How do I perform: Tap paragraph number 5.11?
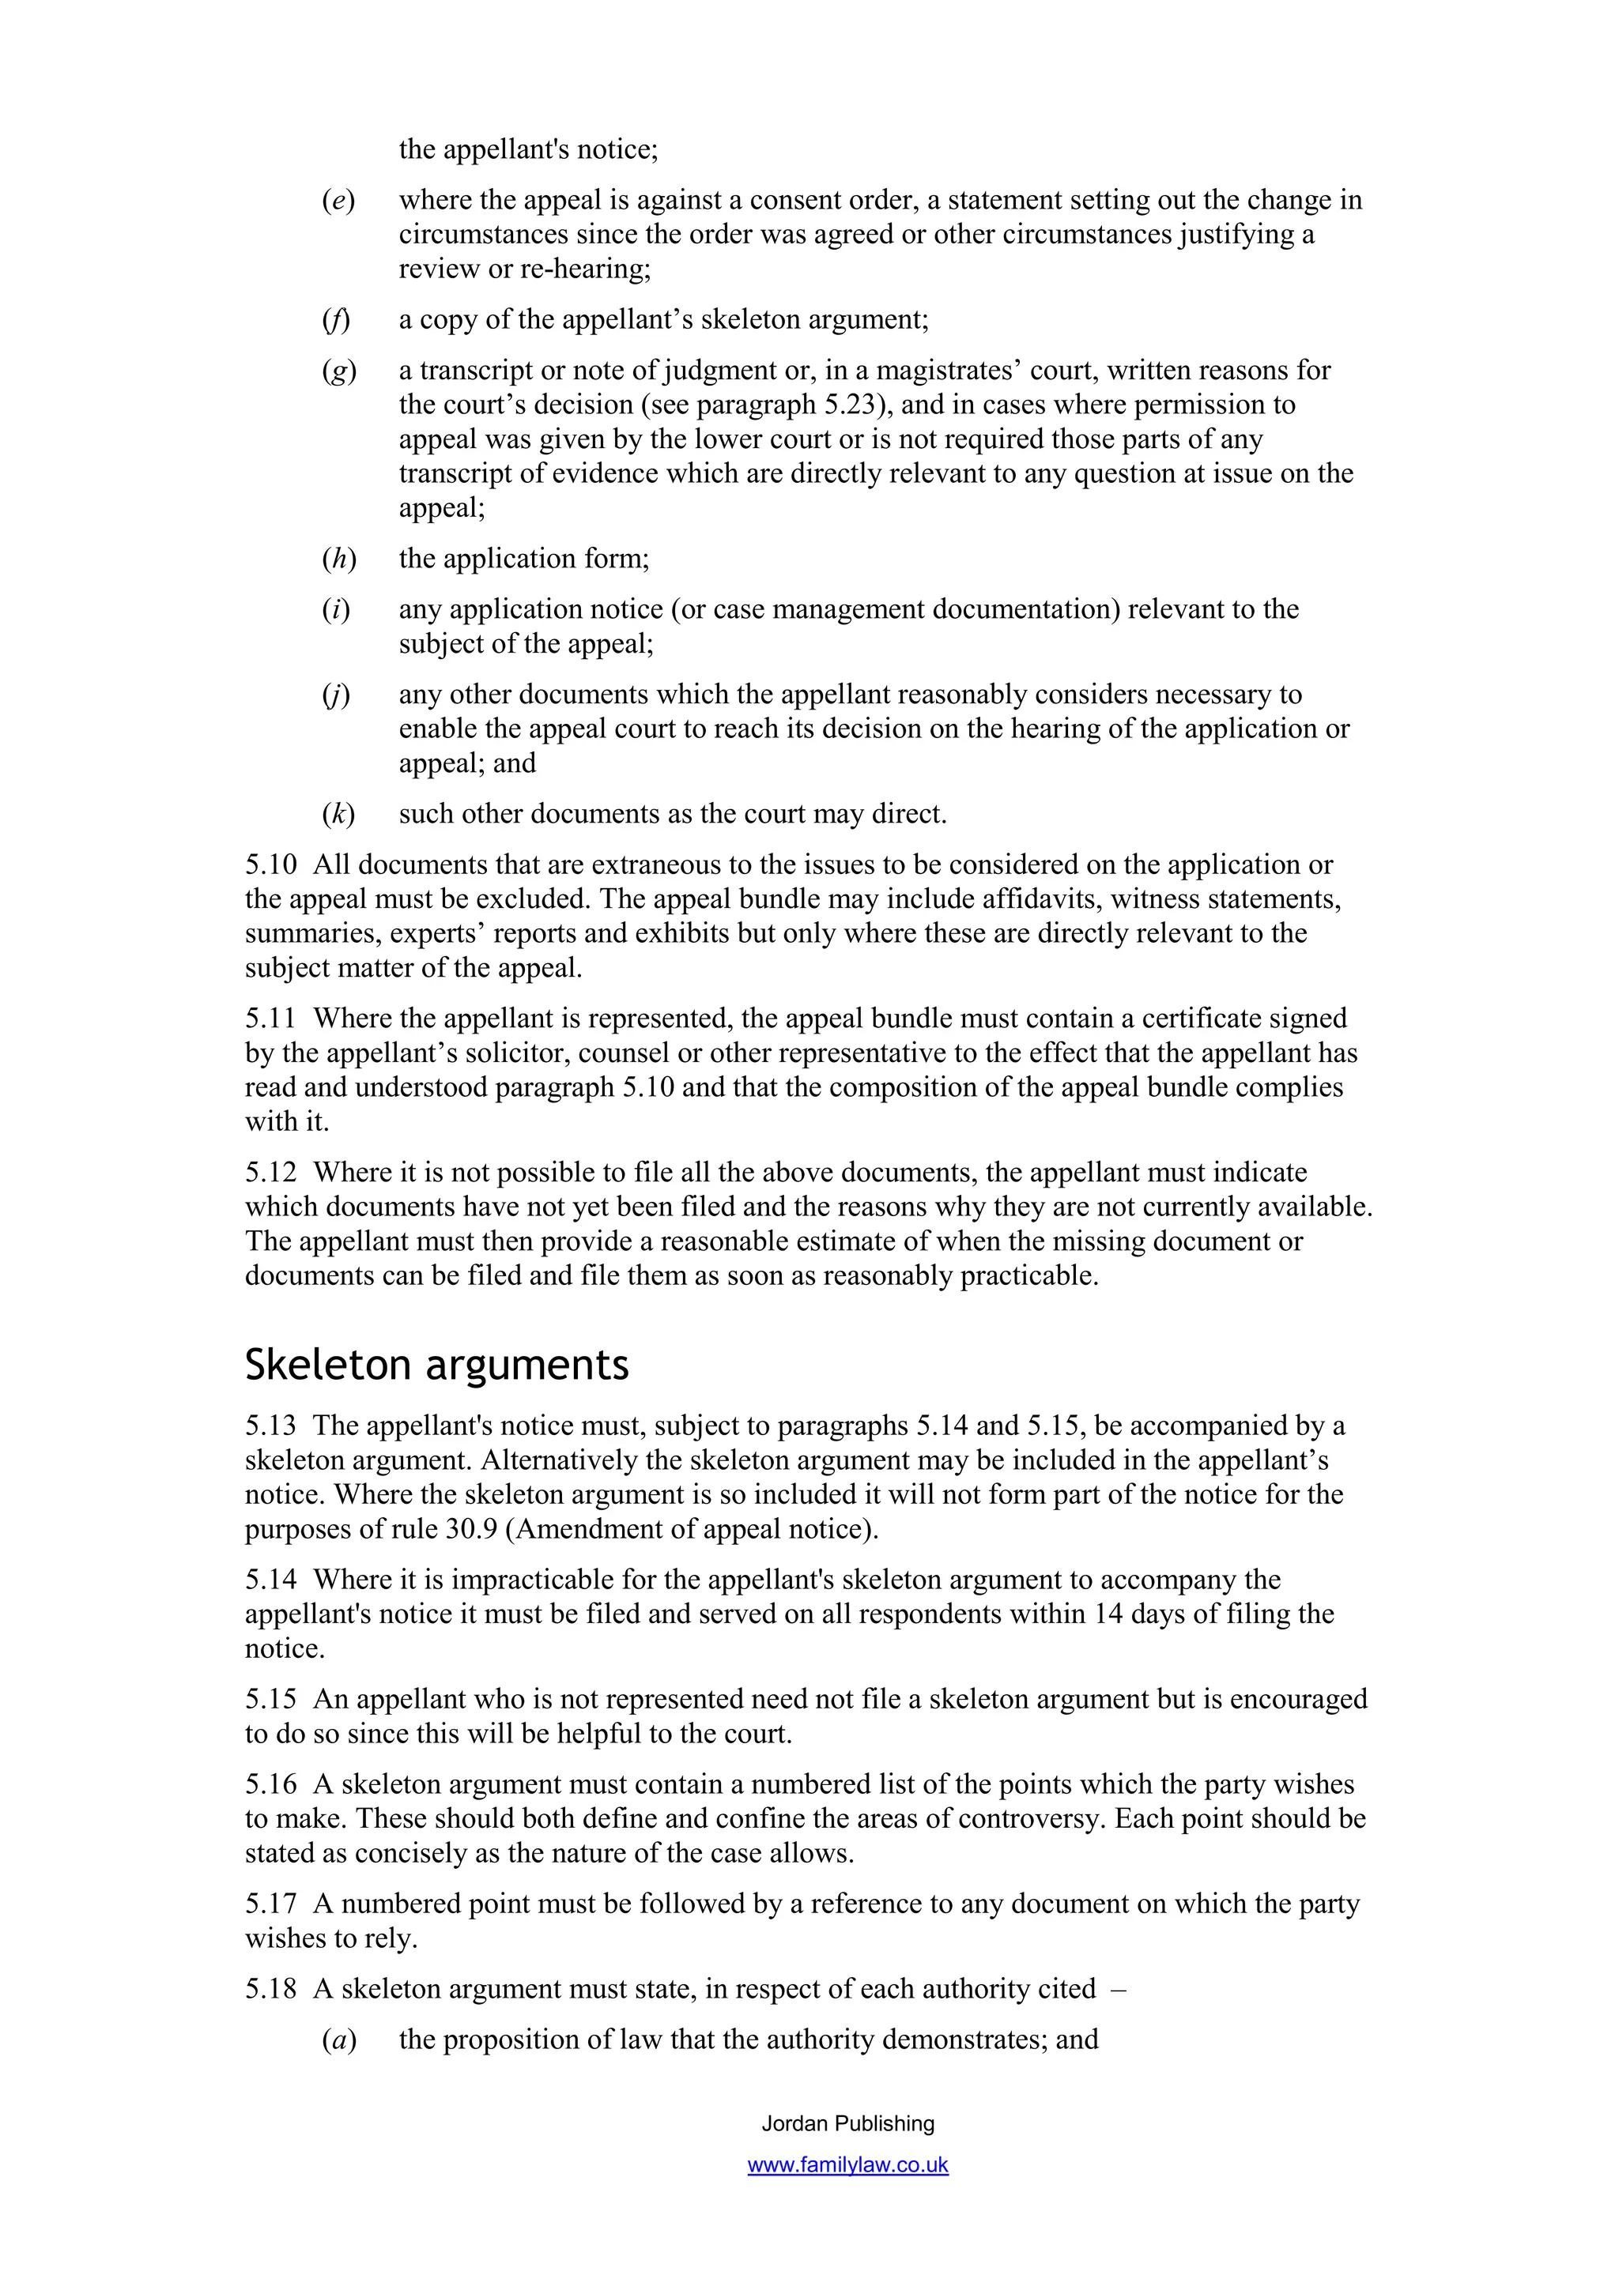pos(270,1019)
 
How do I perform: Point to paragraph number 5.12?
pos(270,1172)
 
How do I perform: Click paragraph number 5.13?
pos(270,1426)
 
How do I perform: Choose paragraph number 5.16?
pos(270,1784)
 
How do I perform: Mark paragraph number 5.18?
pos(270,1989)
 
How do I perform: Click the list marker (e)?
pos(338,201)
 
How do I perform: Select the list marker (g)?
pos(338,371)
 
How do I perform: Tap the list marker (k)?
pos(338,814)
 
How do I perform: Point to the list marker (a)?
pos(338,2040)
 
